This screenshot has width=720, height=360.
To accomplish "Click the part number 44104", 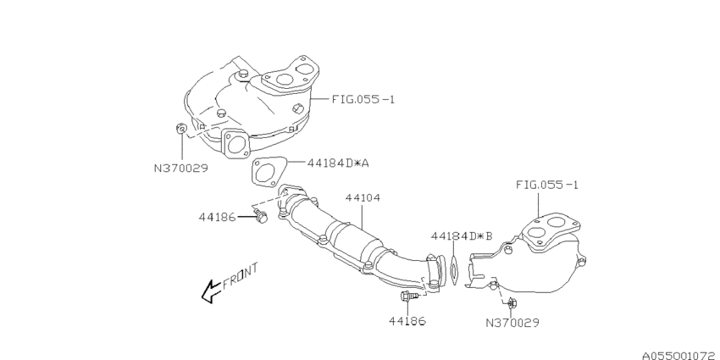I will tap(363, 197).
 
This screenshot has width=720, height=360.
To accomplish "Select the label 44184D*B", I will tap(462, 235).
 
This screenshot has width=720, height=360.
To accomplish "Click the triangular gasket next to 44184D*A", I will tap(265, 171).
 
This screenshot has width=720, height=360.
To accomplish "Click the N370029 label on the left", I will tap(180, 168).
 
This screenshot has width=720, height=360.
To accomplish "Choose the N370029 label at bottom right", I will tap(512, 322).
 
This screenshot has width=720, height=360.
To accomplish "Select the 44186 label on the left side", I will tap(219, 217).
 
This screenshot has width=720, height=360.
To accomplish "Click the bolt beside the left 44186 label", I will tap(260, 219).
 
